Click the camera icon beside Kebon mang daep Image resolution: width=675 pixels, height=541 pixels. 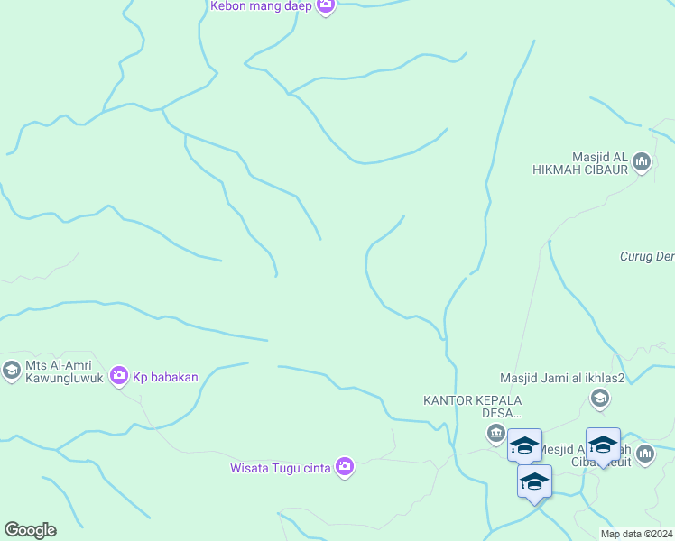(326, 6)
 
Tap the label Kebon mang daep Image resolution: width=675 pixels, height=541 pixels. (261, 6)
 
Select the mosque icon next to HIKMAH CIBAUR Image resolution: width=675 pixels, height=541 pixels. (642, 162)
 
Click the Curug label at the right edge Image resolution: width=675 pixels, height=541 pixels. (646, 256)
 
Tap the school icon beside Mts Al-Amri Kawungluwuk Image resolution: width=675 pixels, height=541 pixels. (11, 370)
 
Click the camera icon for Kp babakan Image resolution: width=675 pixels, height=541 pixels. (118, 375)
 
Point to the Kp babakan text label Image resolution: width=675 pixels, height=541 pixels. (165, 376)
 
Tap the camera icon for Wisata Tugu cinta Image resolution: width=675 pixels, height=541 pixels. (344, 466)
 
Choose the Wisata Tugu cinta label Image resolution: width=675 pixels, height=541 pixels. (280, 467)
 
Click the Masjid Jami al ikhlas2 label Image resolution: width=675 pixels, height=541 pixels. (563, 378)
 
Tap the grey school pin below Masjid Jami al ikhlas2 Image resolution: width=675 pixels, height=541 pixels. (599, 398)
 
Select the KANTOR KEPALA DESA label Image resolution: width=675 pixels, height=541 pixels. (473, 407)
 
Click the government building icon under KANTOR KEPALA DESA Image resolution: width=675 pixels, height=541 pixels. (495, 435)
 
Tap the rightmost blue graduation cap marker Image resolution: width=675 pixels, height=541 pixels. (603, 445)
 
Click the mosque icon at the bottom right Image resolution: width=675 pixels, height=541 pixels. (644, 454)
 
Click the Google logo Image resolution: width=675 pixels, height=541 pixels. (30, 530)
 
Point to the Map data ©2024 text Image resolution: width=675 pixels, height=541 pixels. (635, 534)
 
